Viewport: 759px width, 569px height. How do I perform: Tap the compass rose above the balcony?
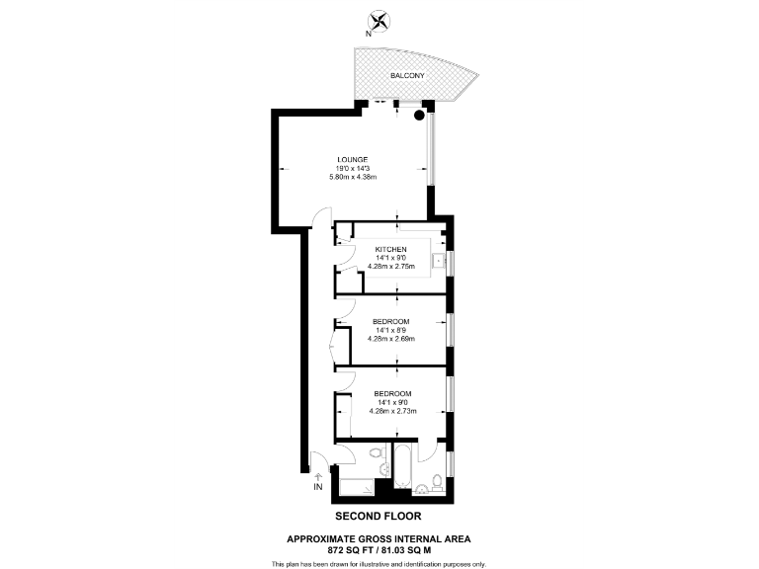[378, 20]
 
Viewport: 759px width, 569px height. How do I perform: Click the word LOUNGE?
[353, 160]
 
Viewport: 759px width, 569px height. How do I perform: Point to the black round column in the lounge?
[420, 117]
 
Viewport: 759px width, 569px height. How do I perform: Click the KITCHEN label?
[391, 249]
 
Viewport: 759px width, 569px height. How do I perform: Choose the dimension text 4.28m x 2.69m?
[391, 339]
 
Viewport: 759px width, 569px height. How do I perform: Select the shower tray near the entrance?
[356, 486]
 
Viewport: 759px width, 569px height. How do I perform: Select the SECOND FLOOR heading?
[379, 517]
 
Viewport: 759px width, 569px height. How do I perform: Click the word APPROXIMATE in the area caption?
[322, 538]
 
